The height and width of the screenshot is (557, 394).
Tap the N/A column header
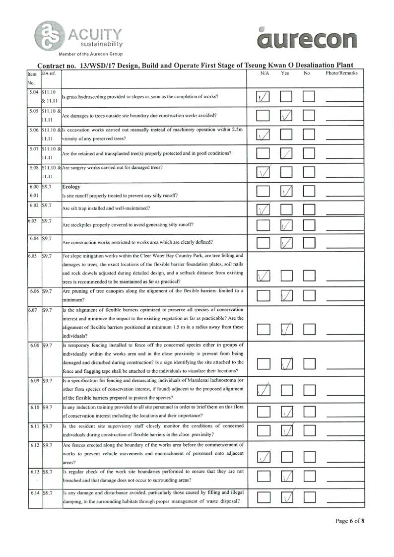tap(264, 73)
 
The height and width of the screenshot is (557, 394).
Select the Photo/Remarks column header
tap(342, 73)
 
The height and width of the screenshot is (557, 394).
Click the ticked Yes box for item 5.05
tap(287, 116)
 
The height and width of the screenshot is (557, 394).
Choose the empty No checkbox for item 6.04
tap(309, 243)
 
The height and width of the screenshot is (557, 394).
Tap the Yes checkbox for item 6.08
tap(287, 364)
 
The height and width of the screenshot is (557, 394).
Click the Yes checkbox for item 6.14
tap(287, 496)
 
